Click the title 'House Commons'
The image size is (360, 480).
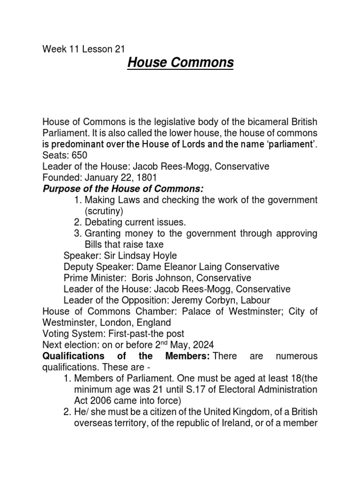tap(180, 62)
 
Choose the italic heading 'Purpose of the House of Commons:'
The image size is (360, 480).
tap(123, 189)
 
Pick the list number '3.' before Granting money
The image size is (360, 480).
tap(78, 233)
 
